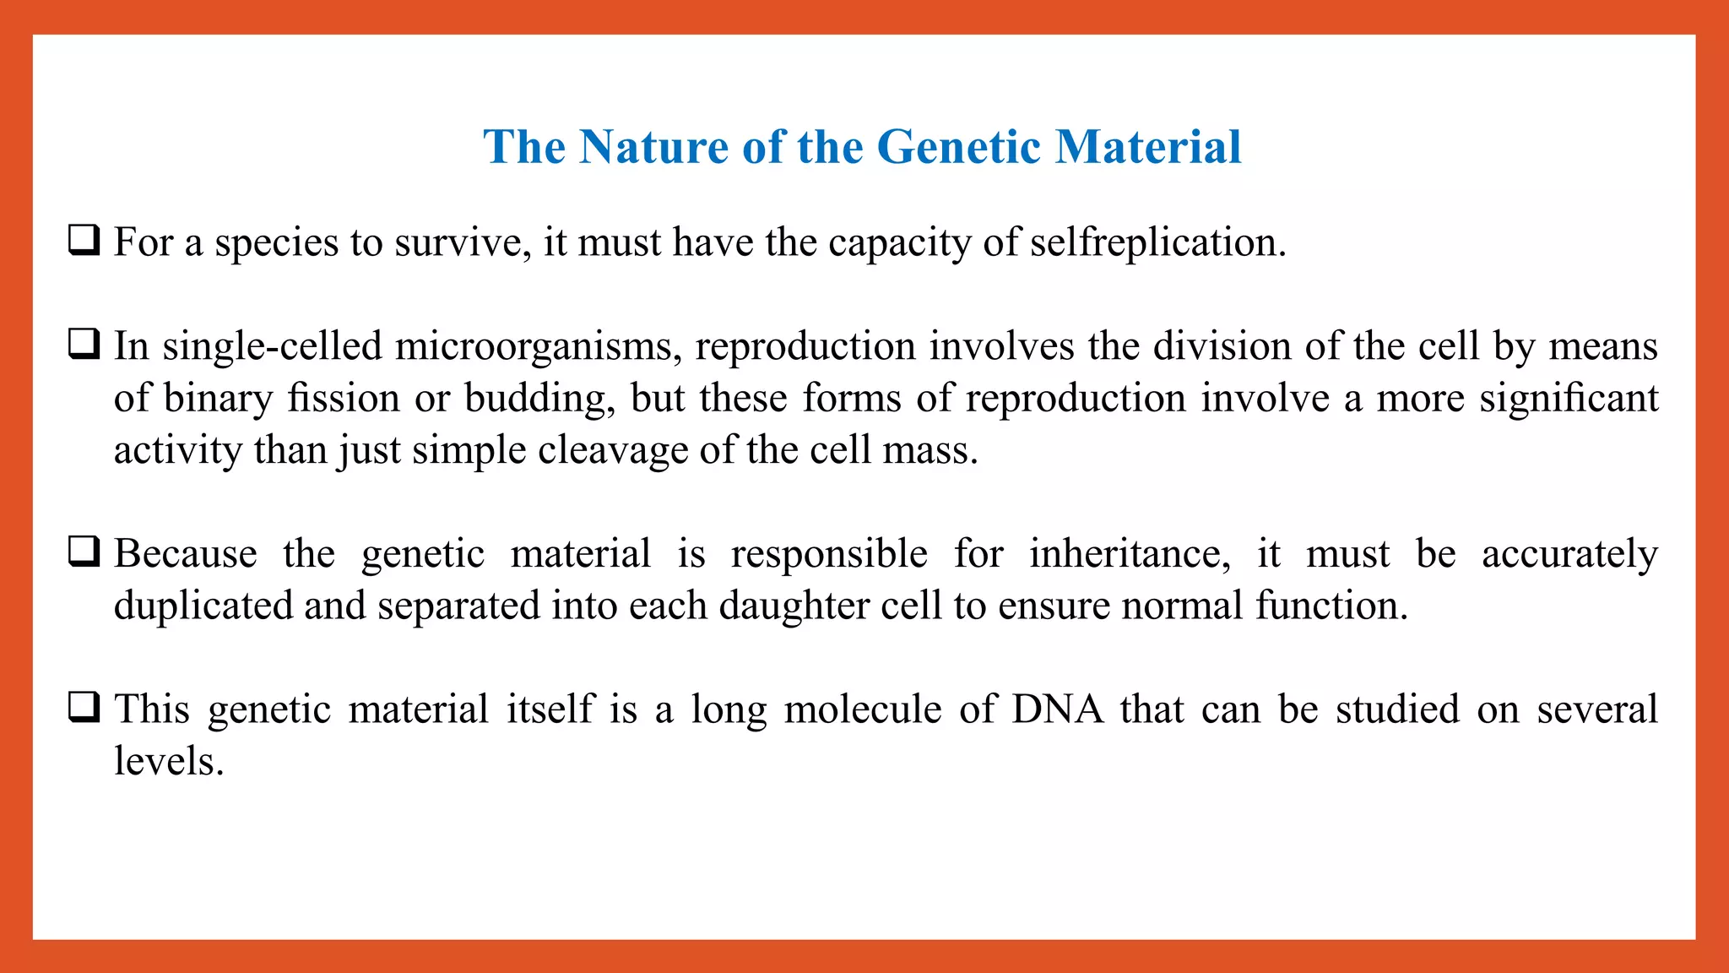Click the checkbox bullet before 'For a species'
click(84, 241)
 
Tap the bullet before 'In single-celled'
click(84, 345)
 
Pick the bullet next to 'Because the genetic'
click(84, 552)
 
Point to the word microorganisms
click(538, 347)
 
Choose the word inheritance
click(1129, 555)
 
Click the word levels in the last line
click(168, 762)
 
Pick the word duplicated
click(203, 607)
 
